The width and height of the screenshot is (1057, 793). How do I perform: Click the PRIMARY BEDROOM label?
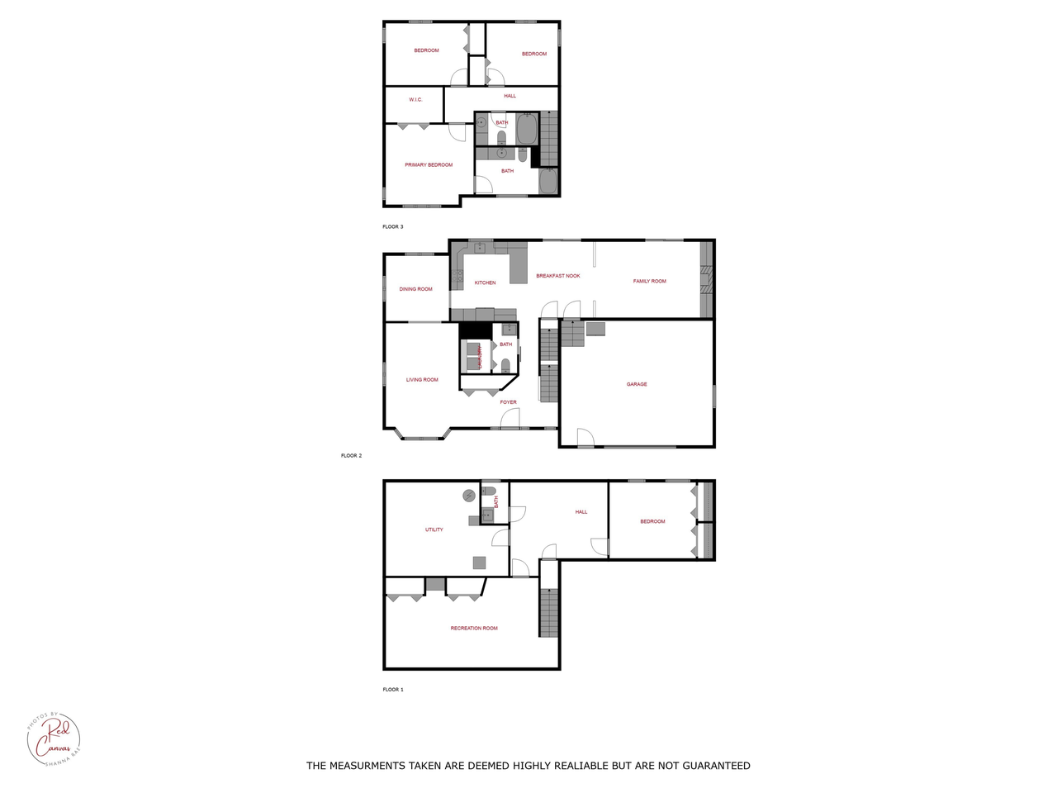(x=429, y=165)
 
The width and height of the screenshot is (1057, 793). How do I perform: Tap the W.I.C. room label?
(x=415, y=100)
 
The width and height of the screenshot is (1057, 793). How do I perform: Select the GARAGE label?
(x=637, y=384)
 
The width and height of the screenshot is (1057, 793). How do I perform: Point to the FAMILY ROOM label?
(x=649, y=282)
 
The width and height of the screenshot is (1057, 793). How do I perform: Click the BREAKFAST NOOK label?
(x=558, y=276)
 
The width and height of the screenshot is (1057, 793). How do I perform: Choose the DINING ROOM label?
(x=415, y=289)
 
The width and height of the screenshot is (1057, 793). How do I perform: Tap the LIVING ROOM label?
(x=422, y=380)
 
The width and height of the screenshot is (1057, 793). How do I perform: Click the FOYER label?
(x=508, y=402)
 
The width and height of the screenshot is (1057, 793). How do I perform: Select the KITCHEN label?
(x=485, y=283)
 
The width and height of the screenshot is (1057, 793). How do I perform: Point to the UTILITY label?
(x=434, y=529)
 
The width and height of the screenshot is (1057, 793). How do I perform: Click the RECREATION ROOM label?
(x=474, y=629)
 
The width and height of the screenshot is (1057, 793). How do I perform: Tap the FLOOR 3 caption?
(x=393, y=226)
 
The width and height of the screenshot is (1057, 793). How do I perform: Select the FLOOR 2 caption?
(x=351, y=455)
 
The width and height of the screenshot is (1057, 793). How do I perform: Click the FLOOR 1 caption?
(x=393, y=689)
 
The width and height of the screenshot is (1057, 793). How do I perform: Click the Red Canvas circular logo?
(x=55, y=738)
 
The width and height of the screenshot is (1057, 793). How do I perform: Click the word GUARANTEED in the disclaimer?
(x=711, y=766)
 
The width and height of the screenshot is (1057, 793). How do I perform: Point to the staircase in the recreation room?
(x=549, y=612)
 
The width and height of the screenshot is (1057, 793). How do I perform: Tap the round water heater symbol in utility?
(x=469, y=496)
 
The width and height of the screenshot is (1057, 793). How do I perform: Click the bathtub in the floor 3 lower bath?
(x=548, y=181)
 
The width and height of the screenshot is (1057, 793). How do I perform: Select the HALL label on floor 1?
(x=581, y=512)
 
